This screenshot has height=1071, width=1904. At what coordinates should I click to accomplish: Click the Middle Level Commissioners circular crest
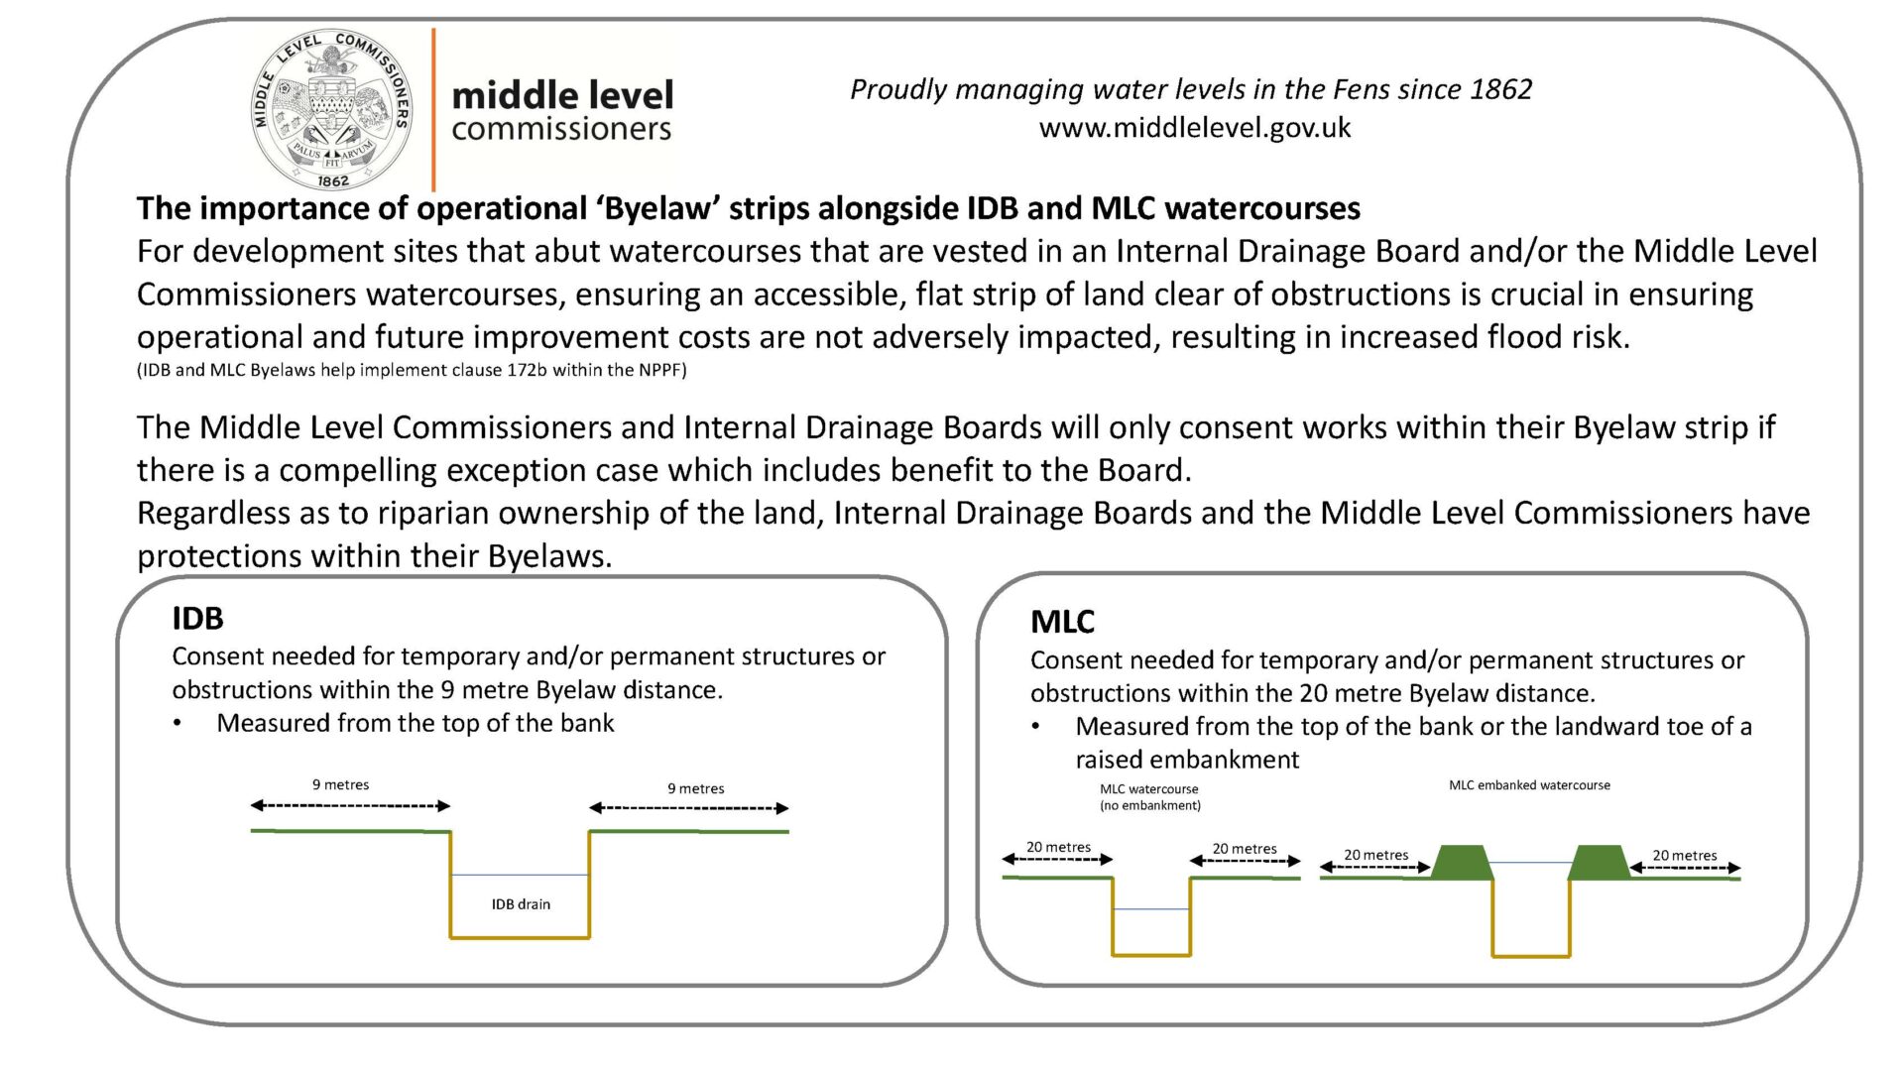(332, 109)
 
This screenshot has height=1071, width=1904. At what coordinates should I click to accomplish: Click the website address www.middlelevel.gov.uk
(1195, 128)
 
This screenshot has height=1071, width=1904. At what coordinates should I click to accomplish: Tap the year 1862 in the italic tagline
(1500, 89)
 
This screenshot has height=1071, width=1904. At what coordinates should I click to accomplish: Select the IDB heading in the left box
(197, 618)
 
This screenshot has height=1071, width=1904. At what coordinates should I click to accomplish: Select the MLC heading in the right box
(1062, 622)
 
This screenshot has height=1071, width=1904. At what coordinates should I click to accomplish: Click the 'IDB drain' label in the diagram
(521, 904)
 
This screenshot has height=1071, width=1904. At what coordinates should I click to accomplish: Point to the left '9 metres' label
(340, 784)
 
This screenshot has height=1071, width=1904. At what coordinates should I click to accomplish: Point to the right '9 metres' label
(695, 788)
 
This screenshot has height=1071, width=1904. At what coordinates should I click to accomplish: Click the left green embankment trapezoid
(1462, 862)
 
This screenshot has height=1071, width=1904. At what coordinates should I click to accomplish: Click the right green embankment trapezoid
(1599, 862)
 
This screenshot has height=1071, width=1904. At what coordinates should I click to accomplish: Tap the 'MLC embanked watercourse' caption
(1529, 785)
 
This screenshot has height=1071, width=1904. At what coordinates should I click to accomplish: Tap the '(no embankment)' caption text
(1150, 805)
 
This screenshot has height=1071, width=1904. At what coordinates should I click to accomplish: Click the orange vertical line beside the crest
(433, 109)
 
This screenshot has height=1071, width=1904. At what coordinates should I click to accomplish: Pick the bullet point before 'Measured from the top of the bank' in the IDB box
(178, 724)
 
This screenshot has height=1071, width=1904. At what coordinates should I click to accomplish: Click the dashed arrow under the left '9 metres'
(351, 806)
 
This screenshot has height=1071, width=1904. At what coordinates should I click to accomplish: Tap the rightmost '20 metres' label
(1684, 855)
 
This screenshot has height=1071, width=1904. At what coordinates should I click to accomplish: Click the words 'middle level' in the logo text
(562, 95)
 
